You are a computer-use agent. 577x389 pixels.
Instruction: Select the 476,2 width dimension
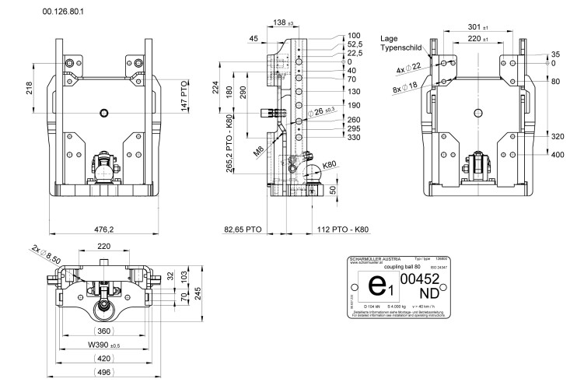[x=103, y=230]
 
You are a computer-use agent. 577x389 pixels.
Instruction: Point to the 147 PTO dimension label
[x=184, y=93]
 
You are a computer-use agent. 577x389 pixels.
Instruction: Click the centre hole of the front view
[x=103, y=113]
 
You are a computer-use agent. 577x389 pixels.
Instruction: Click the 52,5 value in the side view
[x=355, y=44]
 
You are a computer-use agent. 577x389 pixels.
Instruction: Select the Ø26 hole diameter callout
[x=324, y=113]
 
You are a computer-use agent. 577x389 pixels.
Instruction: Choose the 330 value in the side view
[x=355, y=137]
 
